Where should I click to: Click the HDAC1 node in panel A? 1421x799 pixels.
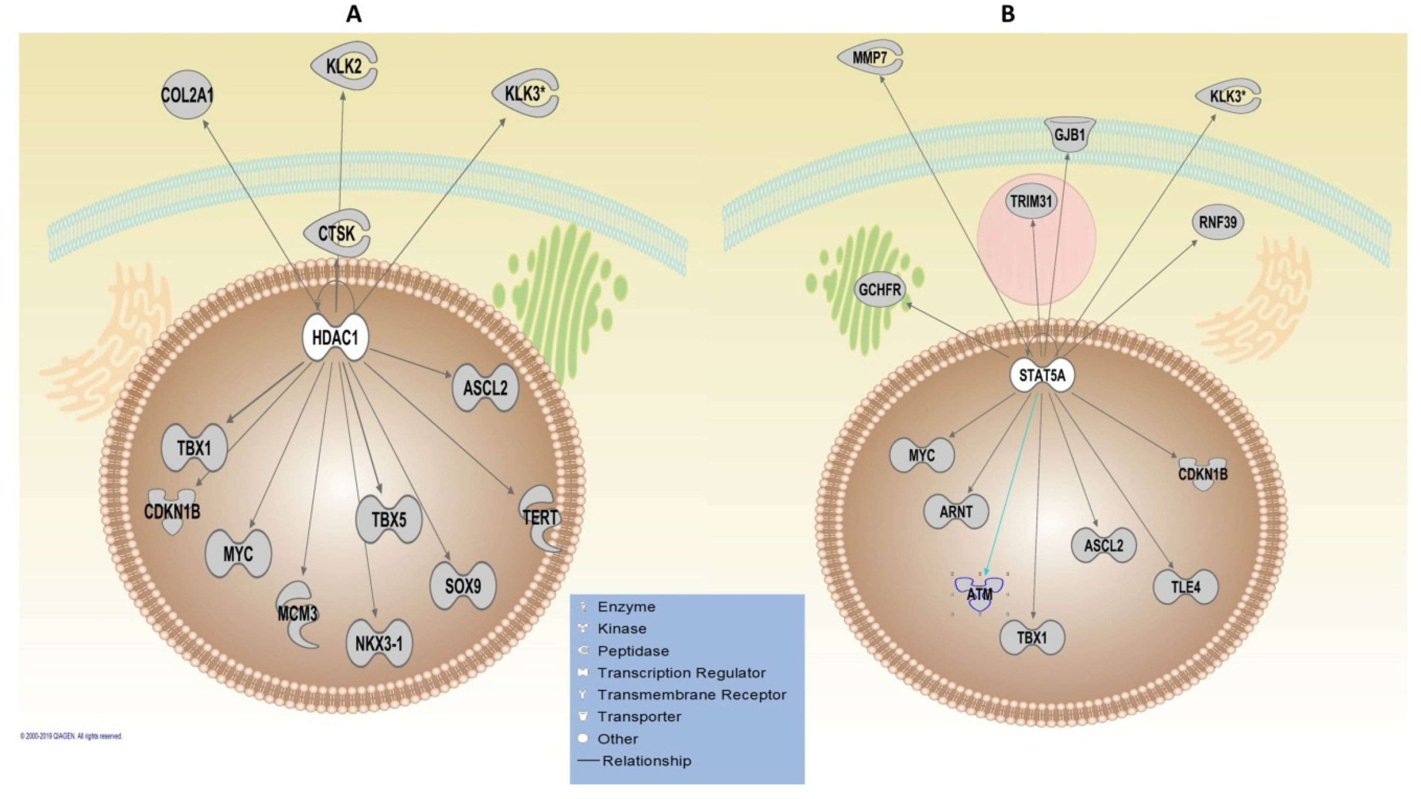(335, 338)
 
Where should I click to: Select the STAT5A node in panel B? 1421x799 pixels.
(1041, 376)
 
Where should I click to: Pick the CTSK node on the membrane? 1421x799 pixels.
(336, 233)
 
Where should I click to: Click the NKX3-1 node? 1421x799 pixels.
(379, 643)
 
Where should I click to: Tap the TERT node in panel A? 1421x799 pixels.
(540, 517)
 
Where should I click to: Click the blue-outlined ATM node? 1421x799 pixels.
(980, 594)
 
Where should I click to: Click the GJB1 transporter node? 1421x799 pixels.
(1070, 134)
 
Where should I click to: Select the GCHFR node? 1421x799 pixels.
(880, 289)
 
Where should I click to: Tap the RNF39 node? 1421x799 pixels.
(1218, 222)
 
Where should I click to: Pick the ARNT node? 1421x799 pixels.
(956, 511)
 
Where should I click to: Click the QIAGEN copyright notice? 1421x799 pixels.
(71, 736)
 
